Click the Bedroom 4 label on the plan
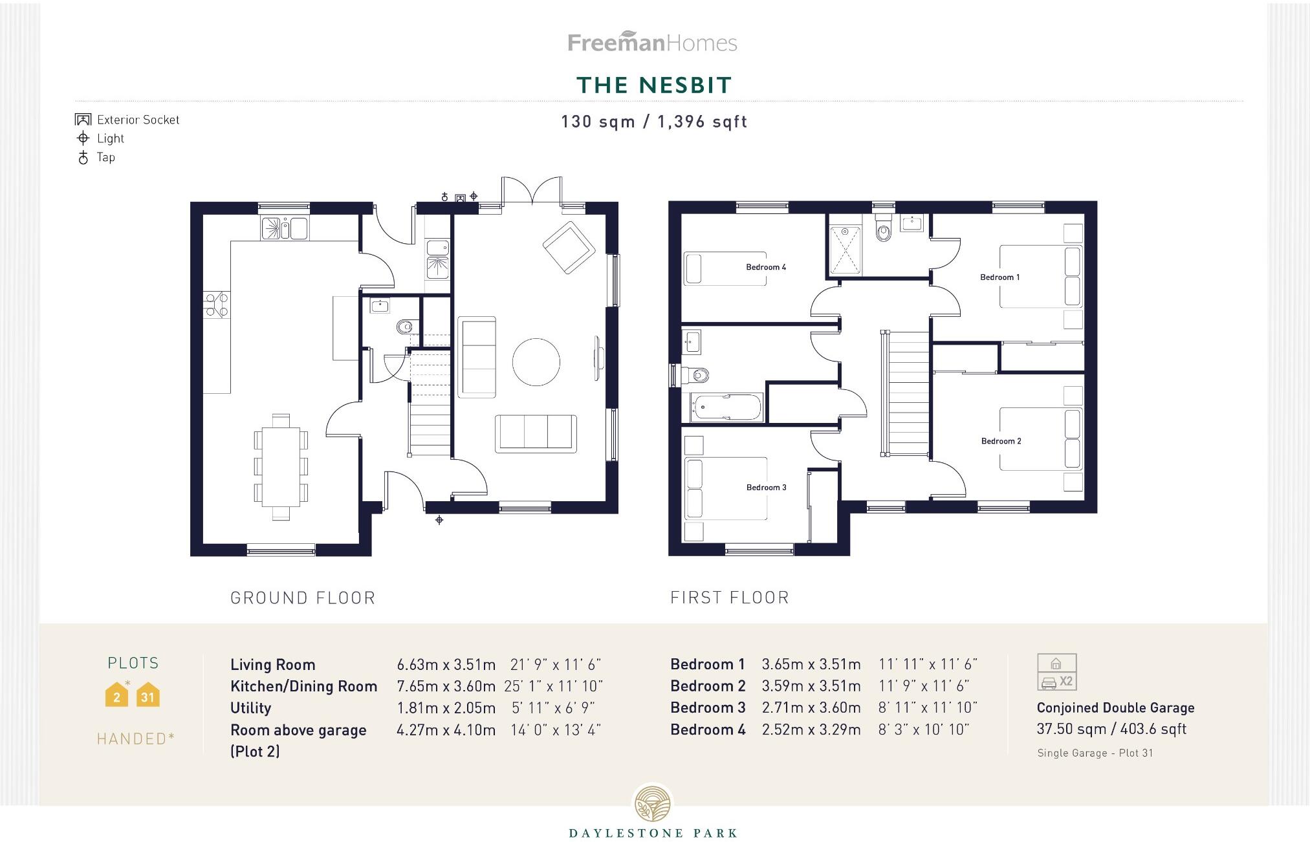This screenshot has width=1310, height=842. click(765, 267)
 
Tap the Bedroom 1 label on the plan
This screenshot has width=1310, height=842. click(999, 277)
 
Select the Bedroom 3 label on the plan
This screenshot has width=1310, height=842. click(766, 488)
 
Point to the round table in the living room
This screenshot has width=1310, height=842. click(536, 362)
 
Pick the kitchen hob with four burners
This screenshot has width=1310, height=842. click(216, 305)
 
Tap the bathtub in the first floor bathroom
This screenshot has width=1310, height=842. click(726, 407)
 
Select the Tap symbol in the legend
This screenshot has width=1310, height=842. click(83, 157)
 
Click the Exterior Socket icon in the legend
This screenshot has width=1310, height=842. click(83, 120)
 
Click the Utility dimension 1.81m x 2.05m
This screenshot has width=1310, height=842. click(446, 708)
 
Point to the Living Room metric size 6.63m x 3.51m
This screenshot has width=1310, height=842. click(446, 665)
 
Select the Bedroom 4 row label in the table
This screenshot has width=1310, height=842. click(708, 729)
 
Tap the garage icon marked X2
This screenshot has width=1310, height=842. click(1056, 673)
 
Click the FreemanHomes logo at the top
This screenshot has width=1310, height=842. click(652, 43)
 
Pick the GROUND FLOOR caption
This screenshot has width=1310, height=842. click(303, 598)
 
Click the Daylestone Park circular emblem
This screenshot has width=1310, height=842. click(653, 804)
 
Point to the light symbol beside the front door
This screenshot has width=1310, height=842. click(439, 520)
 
